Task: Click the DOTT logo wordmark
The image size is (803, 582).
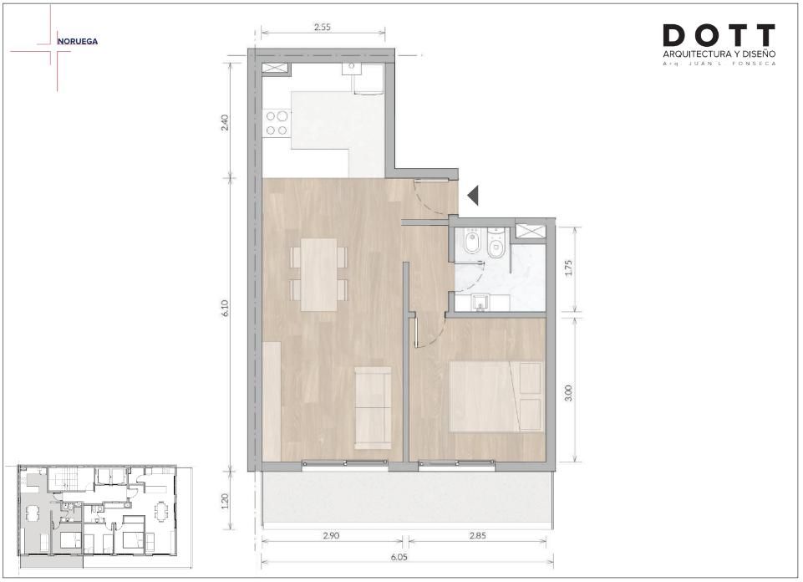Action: pyautogui.click(x=719, y=35)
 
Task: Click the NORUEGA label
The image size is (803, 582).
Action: pyautogui.click(x=78, y=42)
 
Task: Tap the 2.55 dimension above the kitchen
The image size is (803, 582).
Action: pyautogui.click(x=323, y=28)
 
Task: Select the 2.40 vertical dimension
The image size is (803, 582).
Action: pyautogui.click(x=225, y=122)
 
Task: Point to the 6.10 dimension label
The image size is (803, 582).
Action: pyautogui.click(x=225, y=308)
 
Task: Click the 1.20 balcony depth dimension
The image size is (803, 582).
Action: pyautogui.click(x=225, y=501)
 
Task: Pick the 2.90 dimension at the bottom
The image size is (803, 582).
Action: pyautogui.click(x=331, y=536)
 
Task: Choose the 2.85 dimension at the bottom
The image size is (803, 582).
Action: pyautogui.click(x=477, y=536)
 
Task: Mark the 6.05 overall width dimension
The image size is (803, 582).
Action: pyautogui.click(x=399, y=558)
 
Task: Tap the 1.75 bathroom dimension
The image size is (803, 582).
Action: pyautogui.click(x=567, y=269)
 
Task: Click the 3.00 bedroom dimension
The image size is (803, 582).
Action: pyautogui.click(x=567, y=393)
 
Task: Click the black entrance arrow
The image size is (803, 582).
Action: pyautogui.click(x=473, y=195)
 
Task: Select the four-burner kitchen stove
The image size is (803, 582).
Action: pyautogui.click(x=276, y=123)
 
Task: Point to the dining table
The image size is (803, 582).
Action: pyautogui.click(x=318, y=274)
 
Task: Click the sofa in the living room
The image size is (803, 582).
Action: pyautogui.click(x=373, y=408)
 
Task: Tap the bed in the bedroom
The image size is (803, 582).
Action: pyautogui.click(x=496, y=396)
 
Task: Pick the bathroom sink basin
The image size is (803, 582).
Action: pyautogui.click(x=480, y=303)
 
